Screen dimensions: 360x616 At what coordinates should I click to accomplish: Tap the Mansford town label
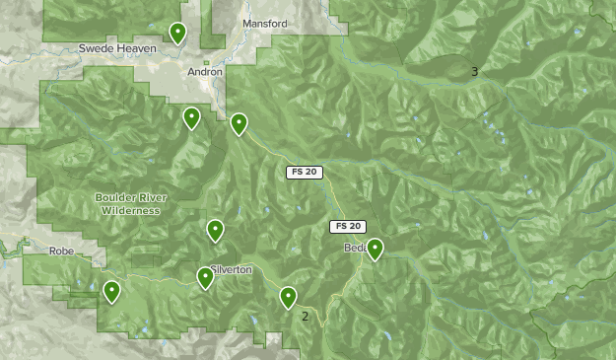click(264, 24)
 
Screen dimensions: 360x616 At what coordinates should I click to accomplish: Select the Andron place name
click(205, 72)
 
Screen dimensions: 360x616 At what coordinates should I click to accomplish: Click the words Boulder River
click(131, 197)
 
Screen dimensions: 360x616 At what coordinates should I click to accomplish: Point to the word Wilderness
click(131, 210)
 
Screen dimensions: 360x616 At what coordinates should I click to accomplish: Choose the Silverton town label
click(234, 269)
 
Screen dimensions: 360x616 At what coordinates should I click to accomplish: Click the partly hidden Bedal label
click(354, 249)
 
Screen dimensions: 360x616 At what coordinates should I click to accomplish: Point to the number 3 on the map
click(474, 71)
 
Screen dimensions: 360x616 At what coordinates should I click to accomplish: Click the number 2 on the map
click(306, 317)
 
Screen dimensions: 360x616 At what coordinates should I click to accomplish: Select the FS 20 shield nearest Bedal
click(347, 227)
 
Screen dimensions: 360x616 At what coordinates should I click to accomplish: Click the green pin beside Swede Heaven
click(177, 34)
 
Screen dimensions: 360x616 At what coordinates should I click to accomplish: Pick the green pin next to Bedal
click(375, 249)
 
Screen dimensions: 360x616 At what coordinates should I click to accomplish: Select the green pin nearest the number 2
click(288, 296)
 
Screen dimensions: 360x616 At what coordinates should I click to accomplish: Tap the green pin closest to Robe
click(112, 291)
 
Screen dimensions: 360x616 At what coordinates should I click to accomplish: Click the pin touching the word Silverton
click(205, 278)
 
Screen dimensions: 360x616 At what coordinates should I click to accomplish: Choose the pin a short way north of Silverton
click(215, 231)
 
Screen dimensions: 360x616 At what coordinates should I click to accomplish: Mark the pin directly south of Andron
click(191, 118)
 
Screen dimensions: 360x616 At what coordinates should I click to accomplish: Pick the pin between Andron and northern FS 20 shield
click(239, 124)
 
